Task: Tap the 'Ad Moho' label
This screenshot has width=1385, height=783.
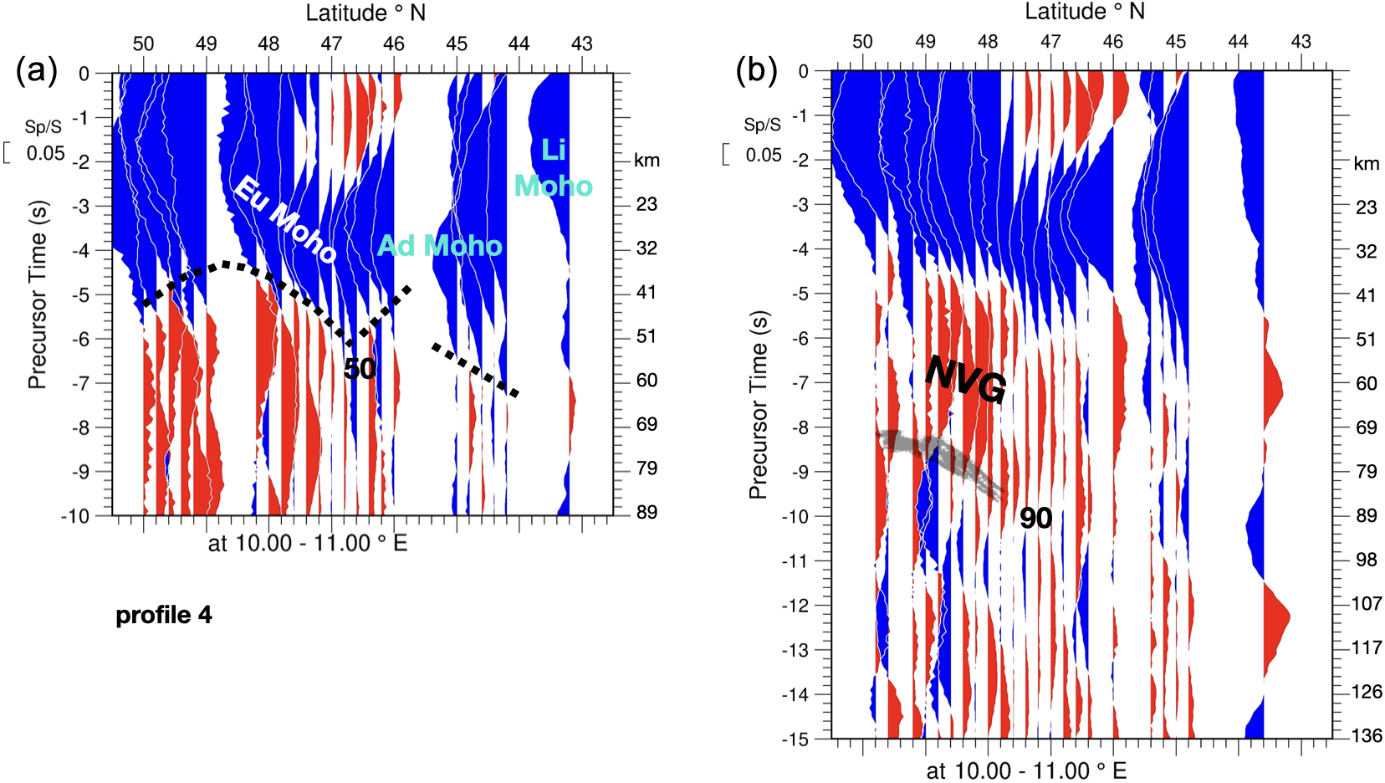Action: [440, 245]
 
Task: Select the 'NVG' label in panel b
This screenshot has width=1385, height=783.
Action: [965, 379]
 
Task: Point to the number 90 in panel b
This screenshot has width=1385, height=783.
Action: [1035, 519]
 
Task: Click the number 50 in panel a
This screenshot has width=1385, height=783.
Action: [360, 368]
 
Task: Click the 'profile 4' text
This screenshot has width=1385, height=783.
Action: [164, 616]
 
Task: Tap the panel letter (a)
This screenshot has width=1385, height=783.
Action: [37, 70]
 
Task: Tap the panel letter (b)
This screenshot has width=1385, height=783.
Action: [756, 70]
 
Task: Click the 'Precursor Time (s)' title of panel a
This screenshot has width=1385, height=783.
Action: [37, 294]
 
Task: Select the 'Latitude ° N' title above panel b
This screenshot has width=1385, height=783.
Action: [1085, 12]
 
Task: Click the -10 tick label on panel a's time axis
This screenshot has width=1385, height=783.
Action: [75, 515]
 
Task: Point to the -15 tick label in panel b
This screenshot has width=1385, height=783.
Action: [795, 739]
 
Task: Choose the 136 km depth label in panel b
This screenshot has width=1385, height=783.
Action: [1367, 736]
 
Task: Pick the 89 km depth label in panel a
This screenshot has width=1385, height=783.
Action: [647, 512]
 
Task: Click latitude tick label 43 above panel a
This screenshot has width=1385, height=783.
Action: [581, 43]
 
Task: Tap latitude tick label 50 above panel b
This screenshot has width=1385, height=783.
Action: [862, 42]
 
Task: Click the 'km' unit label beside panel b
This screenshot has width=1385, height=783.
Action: [1366, 163]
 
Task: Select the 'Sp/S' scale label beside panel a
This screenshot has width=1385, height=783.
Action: [43, 127]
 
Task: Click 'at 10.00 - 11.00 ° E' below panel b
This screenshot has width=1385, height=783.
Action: [1026, 770]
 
